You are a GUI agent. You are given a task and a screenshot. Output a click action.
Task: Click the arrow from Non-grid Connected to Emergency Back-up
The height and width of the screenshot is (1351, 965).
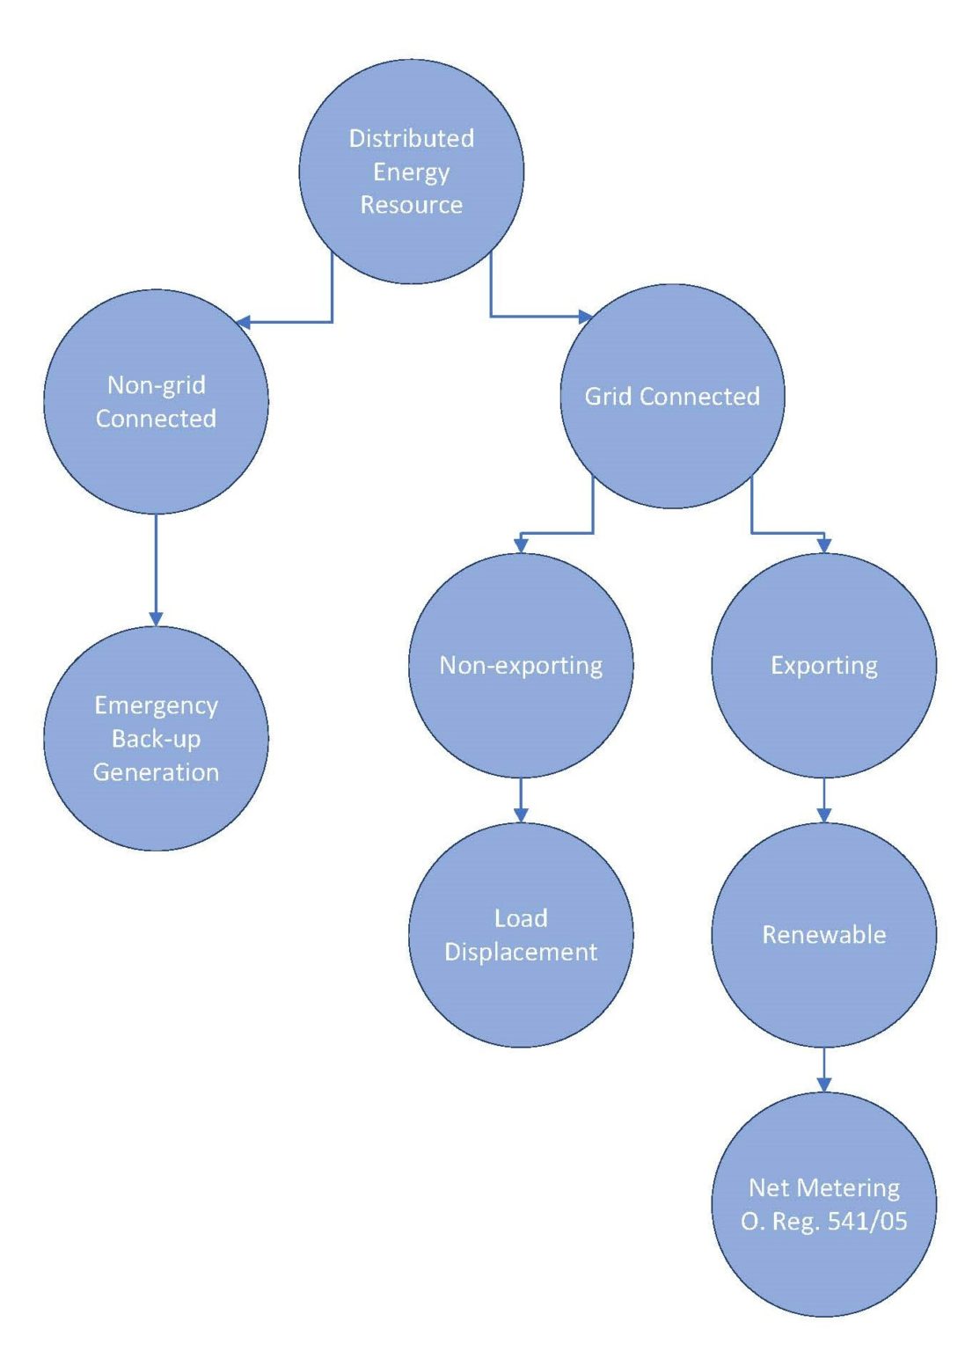point(156,567)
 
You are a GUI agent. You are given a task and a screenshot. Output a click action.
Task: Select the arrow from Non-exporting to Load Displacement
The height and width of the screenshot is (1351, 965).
point(521,799)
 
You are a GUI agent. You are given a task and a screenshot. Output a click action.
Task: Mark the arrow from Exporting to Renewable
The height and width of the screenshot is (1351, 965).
point(823,799)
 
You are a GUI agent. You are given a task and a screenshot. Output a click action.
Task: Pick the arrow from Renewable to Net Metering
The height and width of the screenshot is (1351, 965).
point(823,1068)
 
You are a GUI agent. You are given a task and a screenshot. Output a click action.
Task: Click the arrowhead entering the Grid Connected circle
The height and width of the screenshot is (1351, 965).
point(585,316)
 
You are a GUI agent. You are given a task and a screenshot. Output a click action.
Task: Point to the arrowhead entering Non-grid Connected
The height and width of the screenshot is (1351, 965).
point(245,322)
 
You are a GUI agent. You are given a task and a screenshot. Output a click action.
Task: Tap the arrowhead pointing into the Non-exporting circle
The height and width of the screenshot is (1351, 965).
point(521,545)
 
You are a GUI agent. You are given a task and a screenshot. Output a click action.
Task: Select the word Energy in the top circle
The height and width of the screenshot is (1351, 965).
point(411,172)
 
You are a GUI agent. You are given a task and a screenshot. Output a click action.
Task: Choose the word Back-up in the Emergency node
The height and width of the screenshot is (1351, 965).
point(156,739)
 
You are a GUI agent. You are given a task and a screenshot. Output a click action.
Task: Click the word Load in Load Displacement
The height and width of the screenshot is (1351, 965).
point(521,918)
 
